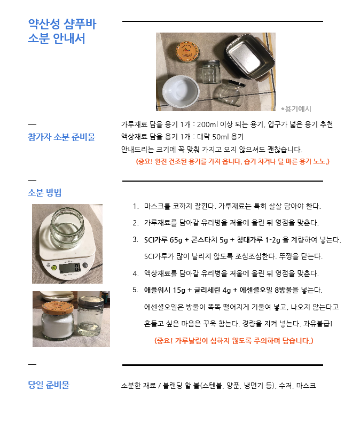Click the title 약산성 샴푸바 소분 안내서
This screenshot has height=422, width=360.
click(62, 32)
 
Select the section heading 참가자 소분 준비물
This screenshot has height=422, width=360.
click(61, 137)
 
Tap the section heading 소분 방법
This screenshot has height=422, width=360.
click(42, 192)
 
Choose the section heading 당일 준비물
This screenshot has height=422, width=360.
click(49, 385)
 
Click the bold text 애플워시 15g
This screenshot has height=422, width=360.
click(167, 290)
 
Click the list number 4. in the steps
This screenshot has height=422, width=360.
click(136, 273)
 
